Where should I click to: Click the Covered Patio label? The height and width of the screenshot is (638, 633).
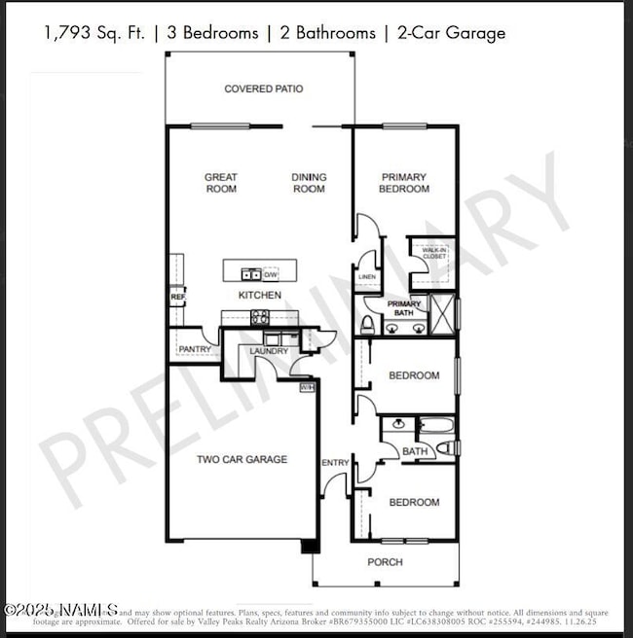click(263, 89)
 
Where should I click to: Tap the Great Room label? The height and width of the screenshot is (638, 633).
click(221, 183)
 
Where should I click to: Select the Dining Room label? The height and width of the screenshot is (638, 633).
click(309, 183)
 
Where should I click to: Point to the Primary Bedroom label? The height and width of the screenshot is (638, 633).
click(403, 183)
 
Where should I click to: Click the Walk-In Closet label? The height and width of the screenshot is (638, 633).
click(433, 254)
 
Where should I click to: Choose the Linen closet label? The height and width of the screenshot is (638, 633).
click(367, 277)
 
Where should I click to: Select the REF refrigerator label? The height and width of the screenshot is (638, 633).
click(177, 297)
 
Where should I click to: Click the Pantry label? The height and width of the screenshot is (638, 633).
click(195, 348)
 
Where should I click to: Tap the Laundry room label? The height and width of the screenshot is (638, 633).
click(268, 351)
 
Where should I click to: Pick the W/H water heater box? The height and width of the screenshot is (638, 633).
click(307, 387)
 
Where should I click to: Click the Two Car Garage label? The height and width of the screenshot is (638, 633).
click(242, 459)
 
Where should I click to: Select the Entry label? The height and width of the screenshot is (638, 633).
click(334, 462)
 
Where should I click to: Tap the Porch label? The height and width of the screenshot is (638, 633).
click(384, 562)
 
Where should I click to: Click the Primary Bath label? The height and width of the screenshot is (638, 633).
click(404, 308)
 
